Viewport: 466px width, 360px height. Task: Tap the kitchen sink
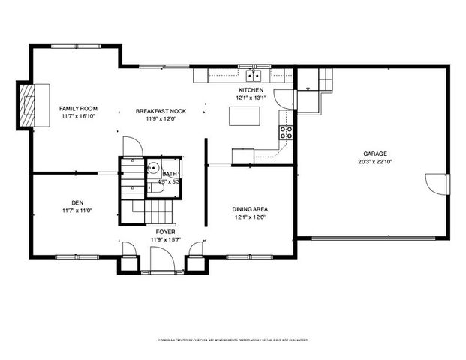[x=255, y=76]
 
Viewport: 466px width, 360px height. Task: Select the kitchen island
[x=245, y=116]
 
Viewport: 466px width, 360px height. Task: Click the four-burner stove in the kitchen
[x=287, y=133]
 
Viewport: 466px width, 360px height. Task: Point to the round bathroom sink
[x=153, y=169]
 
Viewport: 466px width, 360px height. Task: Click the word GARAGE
[x=375, y=154]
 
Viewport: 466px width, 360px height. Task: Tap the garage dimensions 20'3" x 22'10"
[x=375, y=161]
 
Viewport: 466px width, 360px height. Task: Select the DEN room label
[x=77, y=202]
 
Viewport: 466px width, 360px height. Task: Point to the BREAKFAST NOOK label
[x=161, y=111]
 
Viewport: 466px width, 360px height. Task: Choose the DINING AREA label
[x=251, y=209]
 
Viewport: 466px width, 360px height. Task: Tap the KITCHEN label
[x=251, y=90]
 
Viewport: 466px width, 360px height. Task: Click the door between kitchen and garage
[x=284, y=98]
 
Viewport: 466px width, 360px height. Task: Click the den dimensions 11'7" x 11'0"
[x=77, y=211]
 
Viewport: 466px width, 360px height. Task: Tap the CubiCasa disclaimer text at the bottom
[x=233, y=340]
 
